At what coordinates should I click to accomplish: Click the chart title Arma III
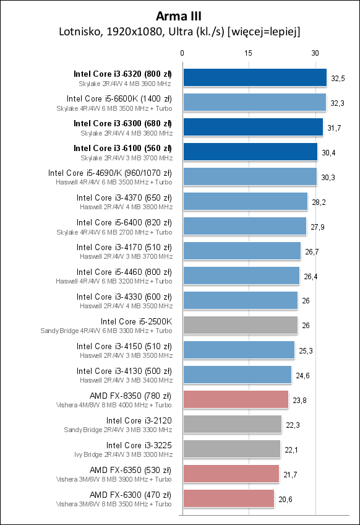179,15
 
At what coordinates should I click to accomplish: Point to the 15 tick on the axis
249,53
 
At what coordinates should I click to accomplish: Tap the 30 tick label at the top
315,53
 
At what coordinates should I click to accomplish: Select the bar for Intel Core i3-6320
255,77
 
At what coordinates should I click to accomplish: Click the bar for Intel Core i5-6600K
254,102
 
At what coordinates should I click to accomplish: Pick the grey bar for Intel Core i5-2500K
241,325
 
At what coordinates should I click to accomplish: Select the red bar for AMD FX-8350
236,399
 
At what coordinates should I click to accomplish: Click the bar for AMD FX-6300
229,498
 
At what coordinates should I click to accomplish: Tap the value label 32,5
338,78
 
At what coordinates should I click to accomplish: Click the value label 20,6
285,499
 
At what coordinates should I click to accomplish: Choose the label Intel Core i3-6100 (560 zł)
122,148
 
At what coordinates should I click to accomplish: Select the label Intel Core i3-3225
139,445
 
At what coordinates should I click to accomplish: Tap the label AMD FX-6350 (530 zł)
131,470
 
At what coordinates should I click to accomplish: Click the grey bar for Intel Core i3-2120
233,424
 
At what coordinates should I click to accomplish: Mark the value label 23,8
299,400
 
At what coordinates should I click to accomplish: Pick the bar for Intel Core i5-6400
245,226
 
